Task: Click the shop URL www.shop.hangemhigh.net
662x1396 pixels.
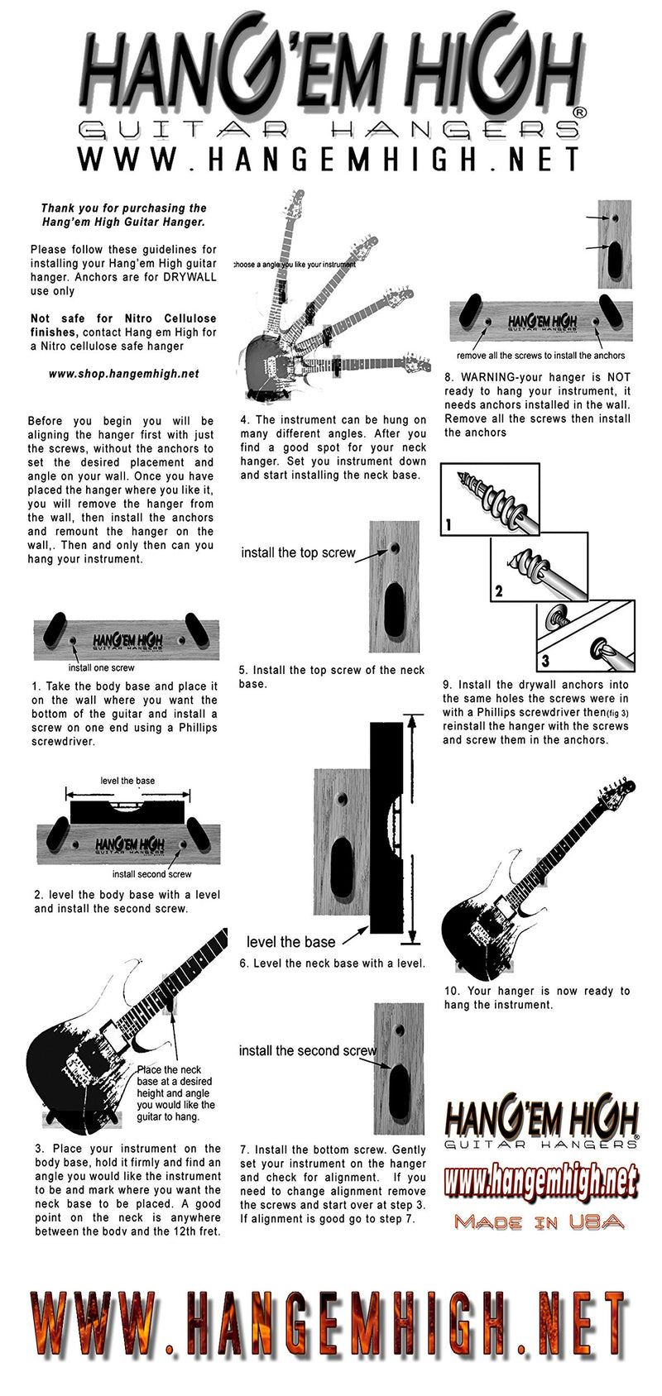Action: (123, 374)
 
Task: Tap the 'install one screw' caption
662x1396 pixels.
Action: (101, 667)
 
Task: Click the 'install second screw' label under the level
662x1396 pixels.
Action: (151, 874)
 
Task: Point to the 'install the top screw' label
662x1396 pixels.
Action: (298, 552)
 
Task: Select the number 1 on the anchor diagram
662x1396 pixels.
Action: (449, 524)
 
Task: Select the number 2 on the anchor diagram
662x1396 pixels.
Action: (498, 591)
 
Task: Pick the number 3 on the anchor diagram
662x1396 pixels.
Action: (544, 661)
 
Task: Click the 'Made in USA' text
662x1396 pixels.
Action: (539, 1222)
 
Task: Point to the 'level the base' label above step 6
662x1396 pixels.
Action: (290, 942)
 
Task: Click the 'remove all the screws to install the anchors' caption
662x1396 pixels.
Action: (540, 356)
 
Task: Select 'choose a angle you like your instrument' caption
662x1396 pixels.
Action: (295, 265)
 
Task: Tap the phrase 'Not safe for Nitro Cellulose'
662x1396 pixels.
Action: (123, 318)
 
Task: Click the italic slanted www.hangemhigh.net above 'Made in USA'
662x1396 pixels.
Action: (541, 1180)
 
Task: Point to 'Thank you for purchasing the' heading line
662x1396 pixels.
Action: (123, 208)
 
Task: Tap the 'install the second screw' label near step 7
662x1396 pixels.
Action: (307, 1050)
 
